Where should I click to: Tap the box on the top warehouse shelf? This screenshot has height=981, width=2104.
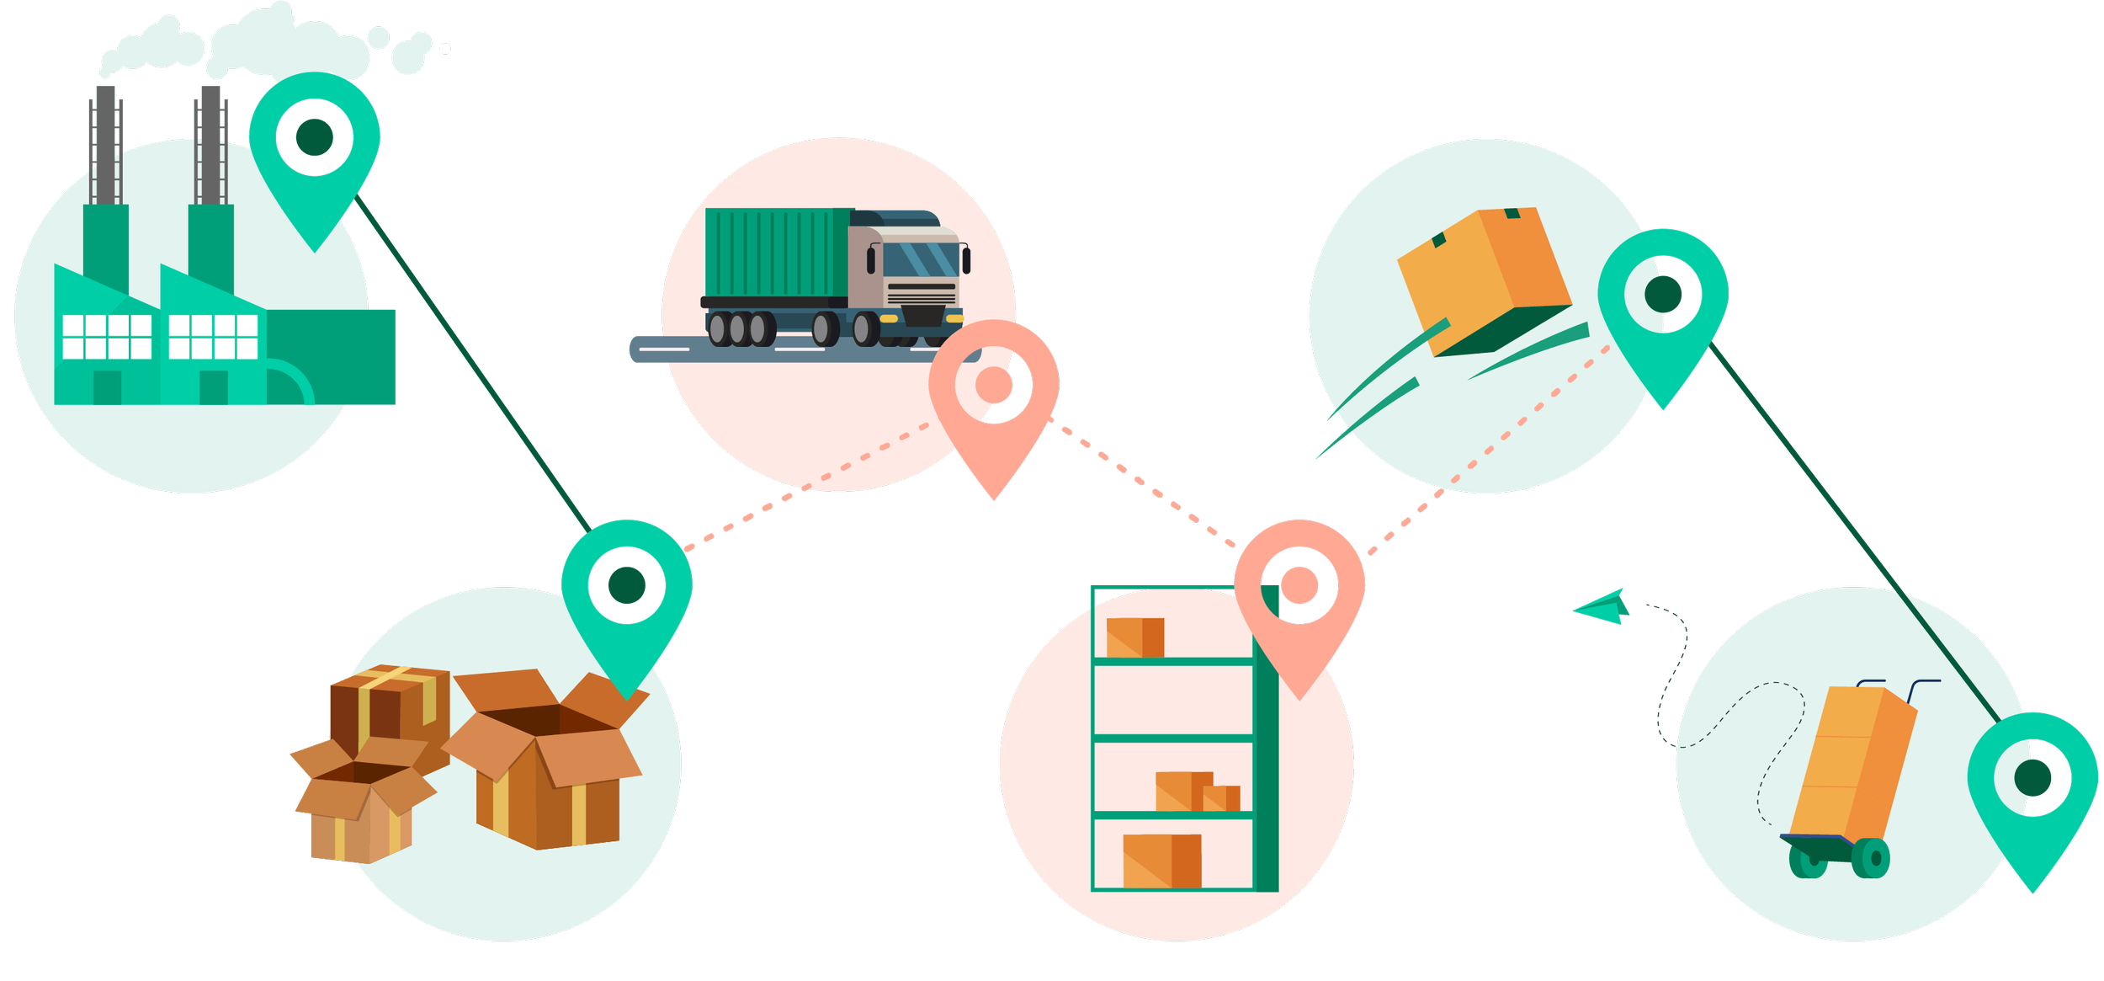[1134, 637]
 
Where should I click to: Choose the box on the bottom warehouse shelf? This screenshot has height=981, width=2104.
[1161, 861]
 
